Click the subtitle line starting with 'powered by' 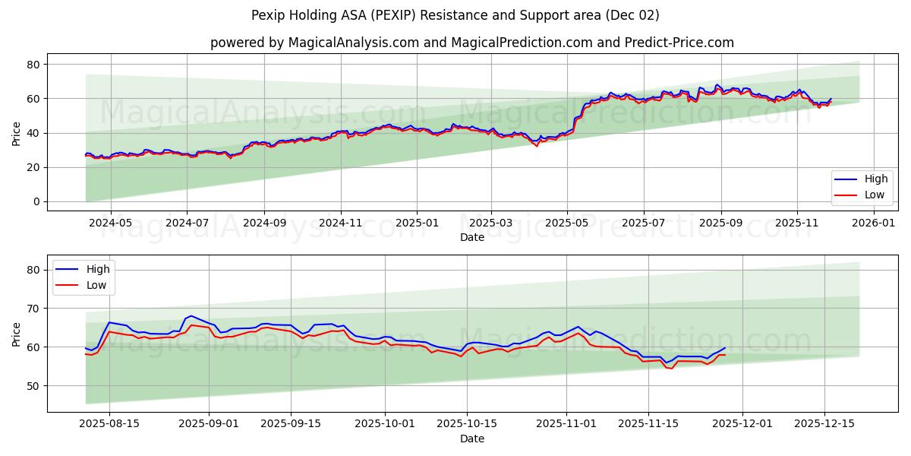[x=471, y=43]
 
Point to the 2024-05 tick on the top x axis [x=110, y=224]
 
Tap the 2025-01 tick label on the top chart [x=416, y=224]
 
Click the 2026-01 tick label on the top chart [x=874, y=224]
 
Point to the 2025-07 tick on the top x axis [x=643, y=224]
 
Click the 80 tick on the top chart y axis [x=33, y=65]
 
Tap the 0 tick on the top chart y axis [x=36, y=201]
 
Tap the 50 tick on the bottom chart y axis [x=33, y=385]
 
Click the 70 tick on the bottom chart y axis [x=33, y=308]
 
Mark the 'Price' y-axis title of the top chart [x=17, y=134]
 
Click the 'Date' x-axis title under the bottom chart [x=471, y=439]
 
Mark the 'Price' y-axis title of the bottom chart [x=17, y=334]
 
